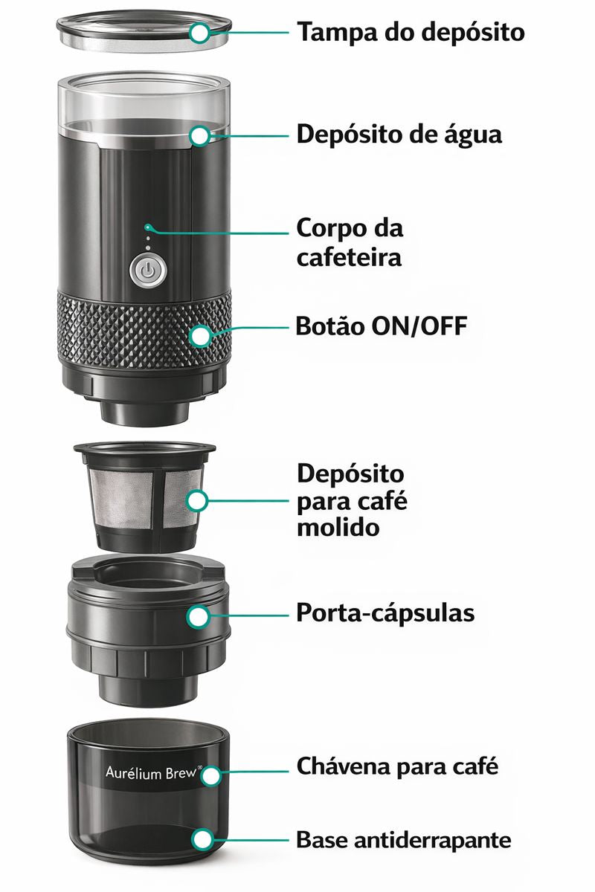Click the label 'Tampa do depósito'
[411, 33]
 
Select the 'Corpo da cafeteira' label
[350, 242]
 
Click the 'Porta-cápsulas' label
[385, 614]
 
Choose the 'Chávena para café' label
[397, 766]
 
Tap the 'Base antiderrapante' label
[404, 840]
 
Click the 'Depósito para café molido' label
[351, 500]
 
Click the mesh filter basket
[134, 500]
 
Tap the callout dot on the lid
[199, 33]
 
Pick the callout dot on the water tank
[199, 135]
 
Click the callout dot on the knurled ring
[199, 336]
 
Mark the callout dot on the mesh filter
[197, 500]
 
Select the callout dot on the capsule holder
[198, 615]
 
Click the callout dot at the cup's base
[202, 840]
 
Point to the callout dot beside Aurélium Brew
[211, 776]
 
